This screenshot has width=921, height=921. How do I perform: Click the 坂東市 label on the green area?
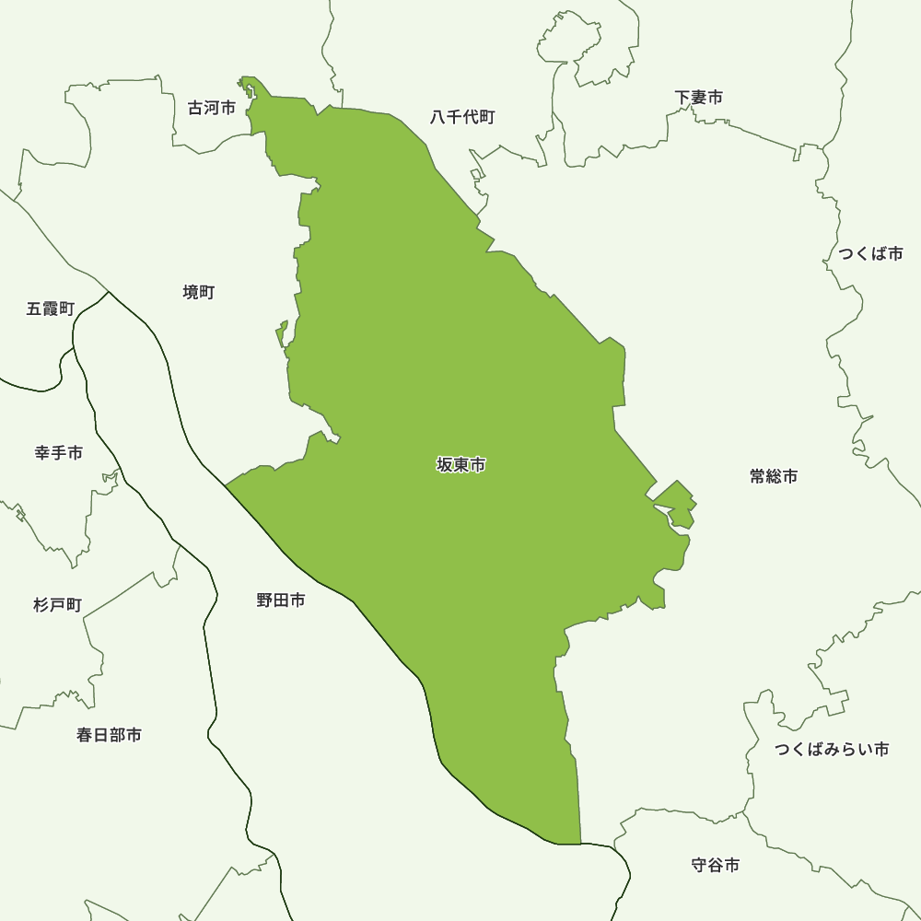click(460, 465)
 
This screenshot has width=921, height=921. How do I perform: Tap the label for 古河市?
click(212, 108)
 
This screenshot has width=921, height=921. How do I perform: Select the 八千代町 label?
click(462, 117)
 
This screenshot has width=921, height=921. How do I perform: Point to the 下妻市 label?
click(698, 97)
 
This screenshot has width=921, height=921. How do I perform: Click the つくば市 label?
click(870, 253)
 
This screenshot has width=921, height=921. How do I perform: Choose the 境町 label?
click(198, 292)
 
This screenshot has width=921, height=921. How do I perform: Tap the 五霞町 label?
click(51, 309)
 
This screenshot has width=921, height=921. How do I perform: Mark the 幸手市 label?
click(59, 453)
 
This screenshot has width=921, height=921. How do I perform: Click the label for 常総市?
click(773, 476)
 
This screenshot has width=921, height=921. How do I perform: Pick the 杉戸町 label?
click(57, 605)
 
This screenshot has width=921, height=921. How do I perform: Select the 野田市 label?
click(281, 600)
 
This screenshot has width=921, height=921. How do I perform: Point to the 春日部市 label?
click(109, 735)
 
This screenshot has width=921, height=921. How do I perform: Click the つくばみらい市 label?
click(832, 749)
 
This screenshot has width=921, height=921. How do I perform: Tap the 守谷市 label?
click(715, 865)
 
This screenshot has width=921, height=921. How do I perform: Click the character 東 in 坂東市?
click(460, 465)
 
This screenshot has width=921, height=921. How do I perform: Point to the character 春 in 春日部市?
click(85, 735)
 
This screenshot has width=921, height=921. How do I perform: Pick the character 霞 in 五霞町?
click(51, 309)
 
